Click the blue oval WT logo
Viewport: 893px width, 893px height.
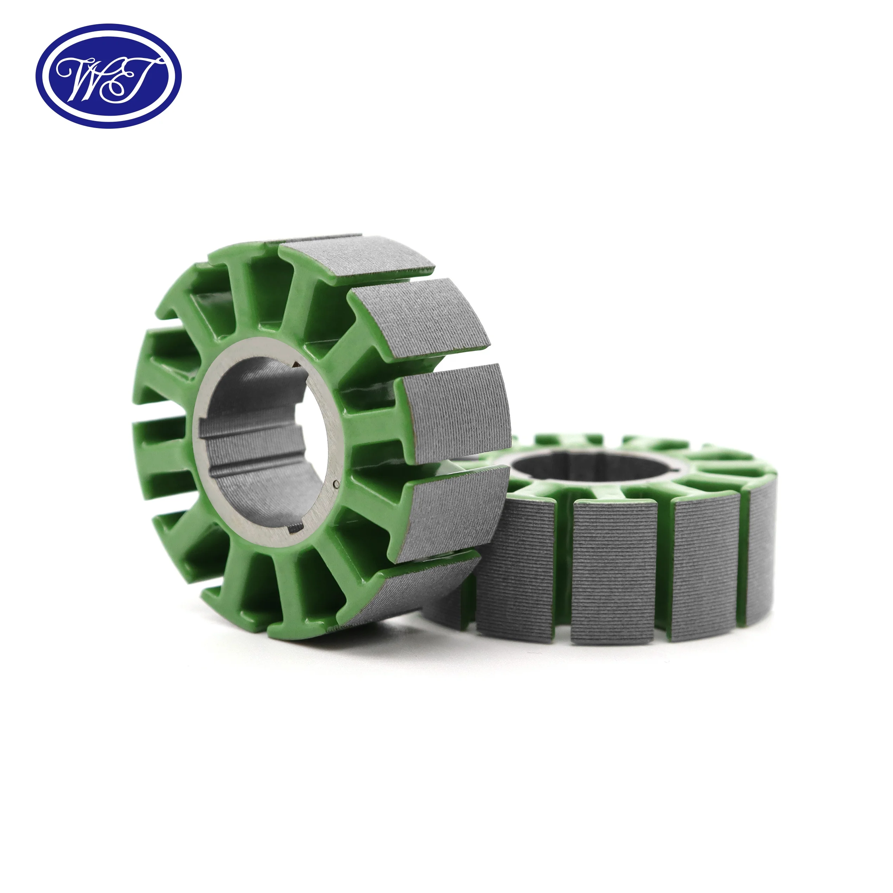point(109,76)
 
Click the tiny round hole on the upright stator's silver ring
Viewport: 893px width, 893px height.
point(337,484)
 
